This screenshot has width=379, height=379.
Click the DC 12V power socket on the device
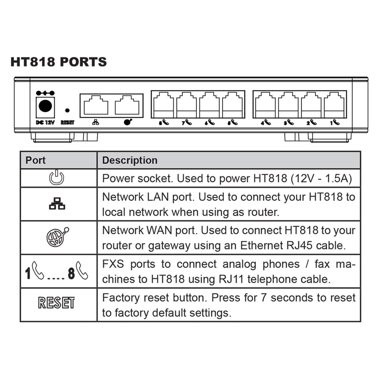pos(45,106)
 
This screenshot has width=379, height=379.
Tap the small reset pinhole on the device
pos(67,110)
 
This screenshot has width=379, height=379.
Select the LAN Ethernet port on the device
pos(96,105)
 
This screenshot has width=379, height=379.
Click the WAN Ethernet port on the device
pos(127,105)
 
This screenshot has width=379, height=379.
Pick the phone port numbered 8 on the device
pos(163,105)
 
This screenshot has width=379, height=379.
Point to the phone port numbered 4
pos(265,105)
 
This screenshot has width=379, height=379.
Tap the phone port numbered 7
pos(186,105)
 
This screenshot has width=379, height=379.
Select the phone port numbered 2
pos(311,105)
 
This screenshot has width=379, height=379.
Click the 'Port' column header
pos(36,160)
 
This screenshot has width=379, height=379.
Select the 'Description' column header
pos(130,160)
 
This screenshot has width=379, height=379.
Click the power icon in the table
pos(57,178)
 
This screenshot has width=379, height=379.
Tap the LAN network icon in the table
pos(57,204)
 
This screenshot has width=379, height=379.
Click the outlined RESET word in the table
pos(57,303)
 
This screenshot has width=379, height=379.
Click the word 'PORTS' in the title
pos(83,62)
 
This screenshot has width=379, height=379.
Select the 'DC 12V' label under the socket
pos(45,122)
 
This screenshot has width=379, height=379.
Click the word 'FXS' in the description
pos(113,264)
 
